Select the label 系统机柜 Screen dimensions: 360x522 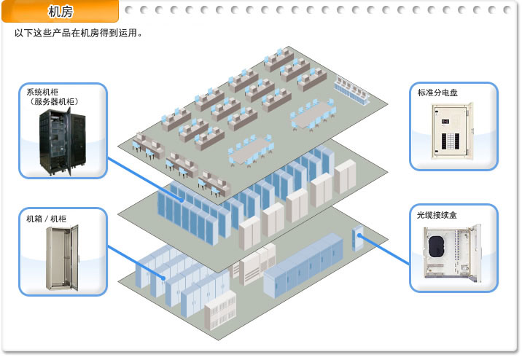click(42, 93)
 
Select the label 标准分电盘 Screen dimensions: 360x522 click(437, 93)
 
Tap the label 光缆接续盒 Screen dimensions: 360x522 click(437, 216)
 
